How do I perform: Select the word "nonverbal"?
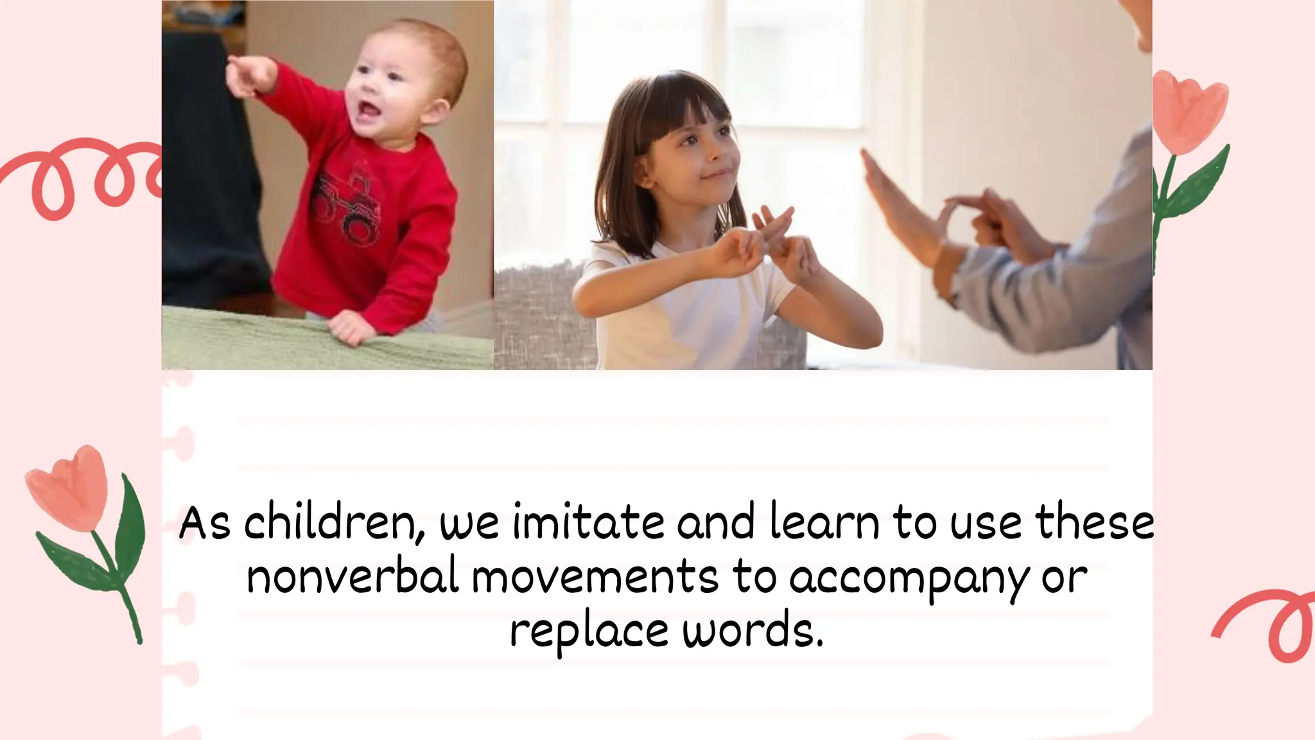(x=353, y=576)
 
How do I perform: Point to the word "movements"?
(x=595, y=576)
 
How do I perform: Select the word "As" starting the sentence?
(x=204, y=524)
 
